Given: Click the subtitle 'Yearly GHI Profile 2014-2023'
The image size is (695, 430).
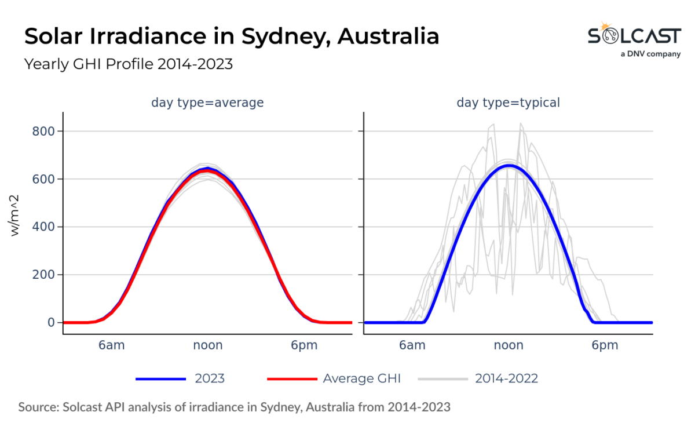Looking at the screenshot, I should [128, 64].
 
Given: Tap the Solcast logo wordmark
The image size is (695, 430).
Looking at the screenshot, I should [634, 37].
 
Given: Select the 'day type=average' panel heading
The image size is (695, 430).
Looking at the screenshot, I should [207, 103].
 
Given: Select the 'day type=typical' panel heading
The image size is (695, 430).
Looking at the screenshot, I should [508, 103].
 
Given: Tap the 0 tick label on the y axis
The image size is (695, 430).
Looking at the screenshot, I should [50, 322].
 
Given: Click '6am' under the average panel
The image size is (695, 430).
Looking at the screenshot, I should [111, 345].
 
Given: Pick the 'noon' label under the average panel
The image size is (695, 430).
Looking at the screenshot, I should [207, 345].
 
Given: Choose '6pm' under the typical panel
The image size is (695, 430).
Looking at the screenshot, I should [605, 345].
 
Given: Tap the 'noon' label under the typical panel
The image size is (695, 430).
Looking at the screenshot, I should [509, 345].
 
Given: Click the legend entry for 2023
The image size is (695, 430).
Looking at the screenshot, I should [180, 379].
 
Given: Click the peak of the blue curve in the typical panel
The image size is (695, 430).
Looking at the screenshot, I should [509, 166].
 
